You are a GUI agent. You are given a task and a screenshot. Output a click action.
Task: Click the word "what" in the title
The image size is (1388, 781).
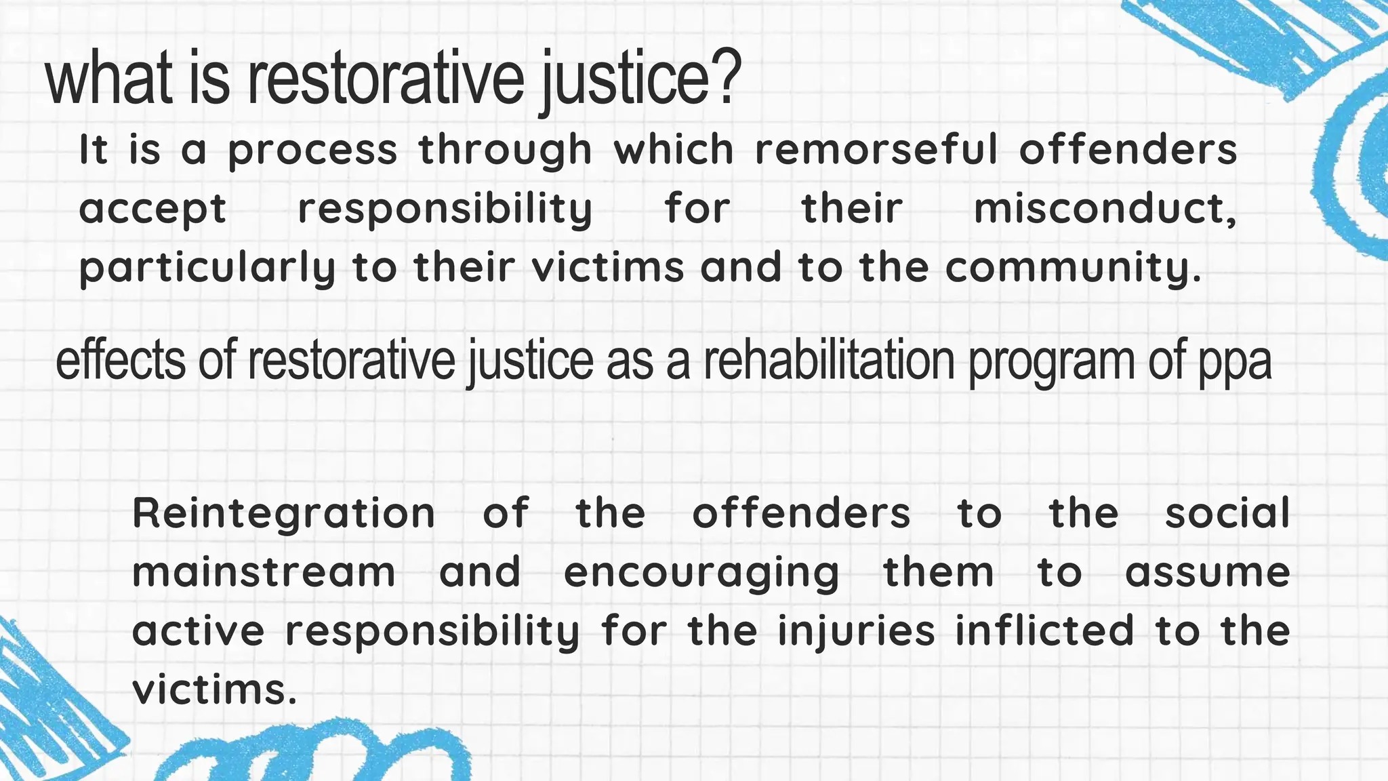(x=108, y=80)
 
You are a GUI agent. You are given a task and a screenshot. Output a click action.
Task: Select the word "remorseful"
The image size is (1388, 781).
(x=876, y=149)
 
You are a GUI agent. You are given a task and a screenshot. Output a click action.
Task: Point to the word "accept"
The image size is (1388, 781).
(x=152, y=209)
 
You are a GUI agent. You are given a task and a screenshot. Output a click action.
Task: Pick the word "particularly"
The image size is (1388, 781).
(x=207, y=268)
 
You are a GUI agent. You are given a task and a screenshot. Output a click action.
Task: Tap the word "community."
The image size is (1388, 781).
(x=1073, y=268)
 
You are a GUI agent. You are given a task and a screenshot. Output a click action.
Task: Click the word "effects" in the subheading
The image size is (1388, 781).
(x=120, y=361)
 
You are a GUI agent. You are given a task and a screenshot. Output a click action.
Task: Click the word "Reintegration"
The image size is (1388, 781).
(x=283, y=513)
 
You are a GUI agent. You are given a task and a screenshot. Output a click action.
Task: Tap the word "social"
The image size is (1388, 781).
(x=1227, y=513)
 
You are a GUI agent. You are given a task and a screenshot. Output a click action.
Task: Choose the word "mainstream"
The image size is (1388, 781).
(x=264, y=572)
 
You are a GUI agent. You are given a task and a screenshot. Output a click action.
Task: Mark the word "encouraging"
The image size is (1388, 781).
(x=701, y=574)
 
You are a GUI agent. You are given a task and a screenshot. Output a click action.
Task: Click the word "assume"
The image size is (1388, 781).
(x=1207, y=572)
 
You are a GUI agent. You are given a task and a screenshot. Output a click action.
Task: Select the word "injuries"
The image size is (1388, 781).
(x=856, y=632)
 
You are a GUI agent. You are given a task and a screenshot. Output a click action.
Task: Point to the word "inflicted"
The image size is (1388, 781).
(x=1044, y=630)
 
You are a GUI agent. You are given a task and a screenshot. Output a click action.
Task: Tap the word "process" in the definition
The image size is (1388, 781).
(x=312, y=151)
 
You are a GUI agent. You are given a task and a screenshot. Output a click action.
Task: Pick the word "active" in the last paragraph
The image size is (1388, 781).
(x=198, y=630)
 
